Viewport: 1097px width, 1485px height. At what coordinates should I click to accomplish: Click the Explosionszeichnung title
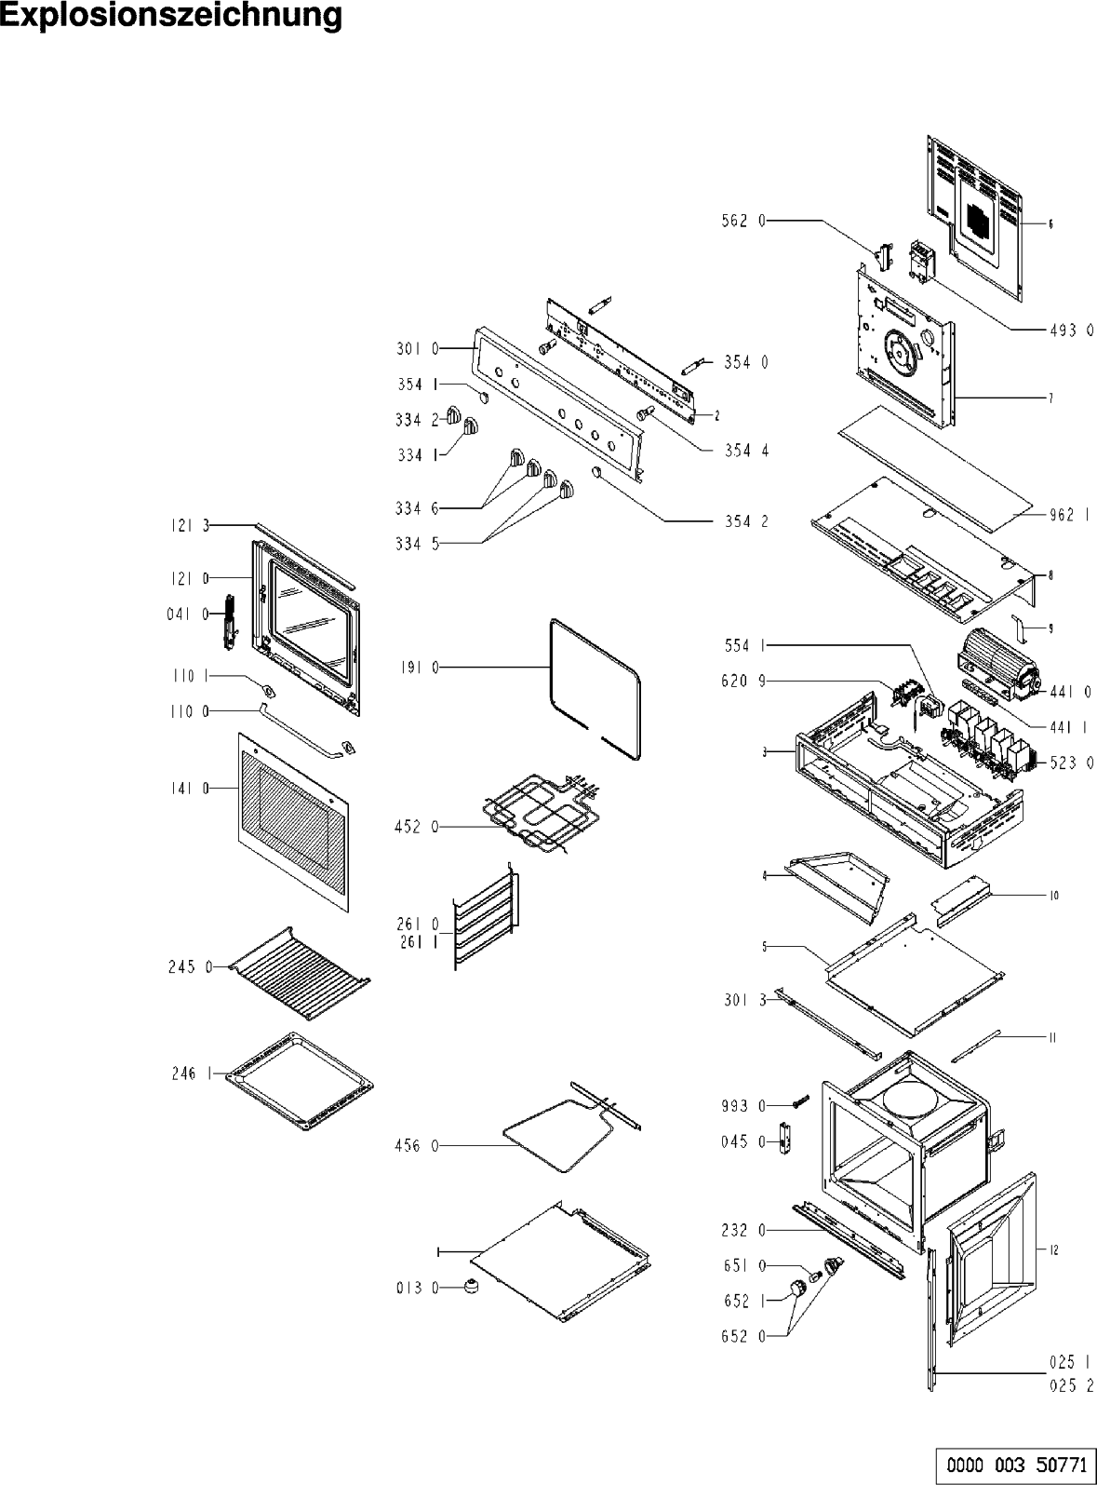pyautogui.click(x=171, y=16)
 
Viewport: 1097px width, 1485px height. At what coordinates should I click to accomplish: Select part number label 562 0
pyautogui.click(x=744, y=222)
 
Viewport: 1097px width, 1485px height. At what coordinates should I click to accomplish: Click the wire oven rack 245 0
pyautogui.click(x=298, y=963)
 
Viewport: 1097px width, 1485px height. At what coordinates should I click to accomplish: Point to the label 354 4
pyautogui.click(x=746, y=451)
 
